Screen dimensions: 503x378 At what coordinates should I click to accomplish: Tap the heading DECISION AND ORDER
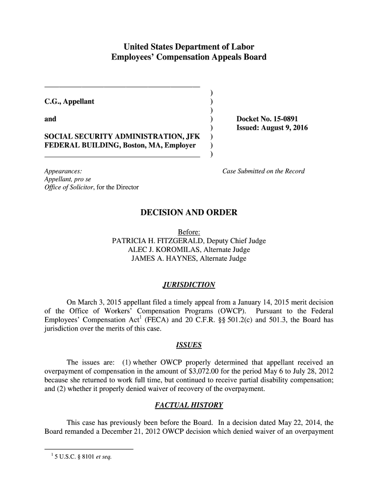click(x=189, y=213)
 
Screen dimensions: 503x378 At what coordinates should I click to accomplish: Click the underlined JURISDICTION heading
click(x=189, y=285)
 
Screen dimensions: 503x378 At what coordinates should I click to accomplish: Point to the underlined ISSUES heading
click(x=189, y=345)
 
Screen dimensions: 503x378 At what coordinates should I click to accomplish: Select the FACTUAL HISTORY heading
click(x=189, y=405)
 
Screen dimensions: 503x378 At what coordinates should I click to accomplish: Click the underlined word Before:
click(x=189, y=232)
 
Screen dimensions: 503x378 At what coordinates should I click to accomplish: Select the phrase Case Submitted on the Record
click(x=264, y=171)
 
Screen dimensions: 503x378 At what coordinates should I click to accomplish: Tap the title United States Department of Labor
click(x=189, y=47)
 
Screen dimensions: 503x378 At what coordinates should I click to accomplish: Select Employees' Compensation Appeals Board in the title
click(x=189, y=57)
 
